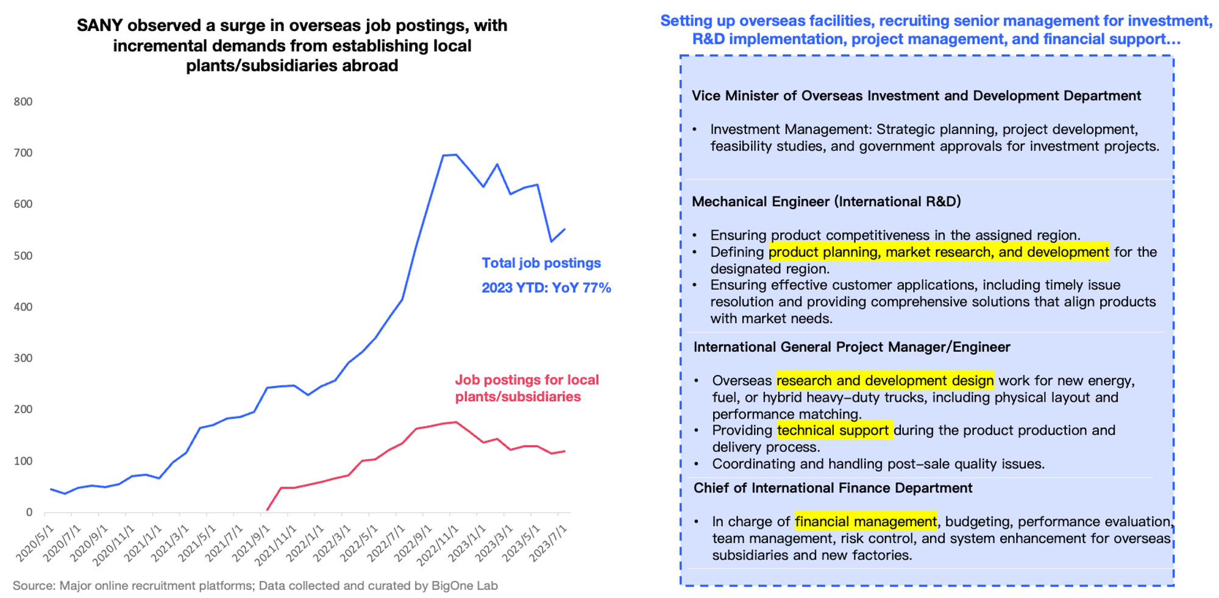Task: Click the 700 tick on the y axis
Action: click(23, 153)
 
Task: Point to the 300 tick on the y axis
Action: click(23, 358)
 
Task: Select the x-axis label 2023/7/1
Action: click(549, 542)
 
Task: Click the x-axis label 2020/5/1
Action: click(35, 542)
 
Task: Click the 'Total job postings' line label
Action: click(541, 263)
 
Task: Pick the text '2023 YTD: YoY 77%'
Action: click(546, 288)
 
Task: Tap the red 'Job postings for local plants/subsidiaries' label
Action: click(527, 388)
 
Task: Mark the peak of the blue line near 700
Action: click(456, 155)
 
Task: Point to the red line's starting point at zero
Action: click(268, 510)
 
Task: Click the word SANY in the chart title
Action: click(99, 26)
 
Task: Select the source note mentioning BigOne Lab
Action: click(255, 586)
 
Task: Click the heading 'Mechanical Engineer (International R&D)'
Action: click(826, 202)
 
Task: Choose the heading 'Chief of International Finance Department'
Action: click(833, 488)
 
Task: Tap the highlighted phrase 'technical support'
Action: click(833, 430)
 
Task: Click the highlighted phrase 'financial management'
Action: click(865, 522)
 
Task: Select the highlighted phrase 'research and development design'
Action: click(884, 381)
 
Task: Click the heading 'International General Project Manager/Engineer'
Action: click(851, 347)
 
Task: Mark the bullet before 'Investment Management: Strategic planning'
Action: click(695, 130)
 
